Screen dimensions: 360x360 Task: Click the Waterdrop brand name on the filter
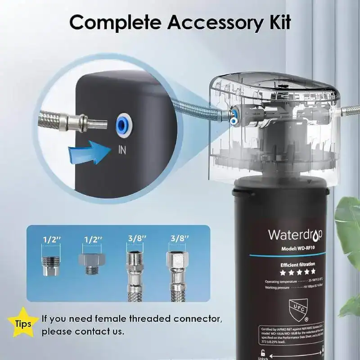coord(295,235)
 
